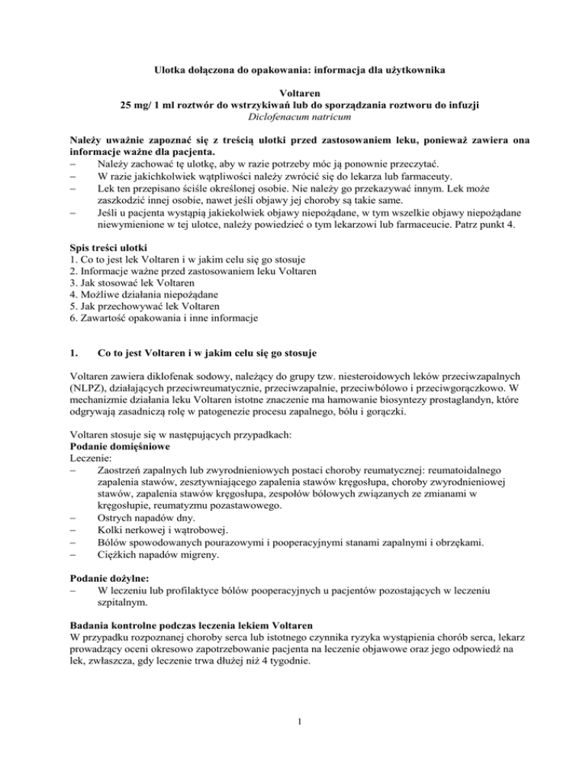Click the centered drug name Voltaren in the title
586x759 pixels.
(x=293, y=92)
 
